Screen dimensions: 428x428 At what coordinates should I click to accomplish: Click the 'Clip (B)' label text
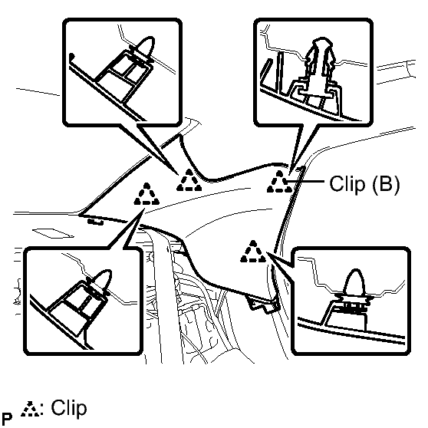tap(364, 183)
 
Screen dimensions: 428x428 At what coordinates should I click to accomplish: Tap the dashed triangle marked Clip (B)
tap(279, 182)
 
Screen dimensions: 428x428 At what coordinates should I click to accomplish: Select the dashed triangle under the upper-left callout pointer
tap(189, 180)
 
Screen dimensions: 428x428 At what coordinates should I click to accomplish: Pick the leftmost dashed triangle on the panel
tap(147, 194)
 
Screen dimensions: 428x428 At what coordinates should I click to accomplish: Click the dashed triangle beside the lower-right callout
tap(253, 252)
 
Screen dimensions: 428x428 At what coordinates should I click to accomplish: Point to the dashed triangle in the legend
tap(31, 409)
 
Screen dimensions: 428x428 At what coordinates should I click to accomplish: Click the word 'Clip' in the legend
tap(69, 408)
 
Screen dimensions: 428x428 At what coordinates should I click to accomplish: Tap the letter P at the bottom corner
tap(7, 418)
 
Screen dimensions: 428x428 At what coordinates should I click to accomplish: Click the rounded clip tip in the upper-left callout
tap(146, 46)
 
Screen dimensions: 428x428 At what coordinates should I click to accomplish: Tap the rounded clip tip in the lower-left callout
tap(101, 279)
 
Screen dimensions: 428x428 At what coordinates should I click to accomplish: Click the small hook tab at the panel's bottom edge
tap(263, 305)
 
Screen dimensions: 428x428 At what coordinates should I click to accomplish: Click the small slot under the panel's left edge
tap(96, 222)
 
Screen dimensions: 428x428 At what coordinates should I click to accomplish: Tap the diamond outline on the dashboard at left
tap(53, 233)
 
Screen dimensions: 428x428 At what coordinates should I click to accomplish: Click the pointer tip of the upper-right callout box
tap(289, 174)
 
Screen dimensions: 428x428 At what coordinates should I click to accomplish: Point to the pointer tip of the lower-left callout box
tap(144, 209)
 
